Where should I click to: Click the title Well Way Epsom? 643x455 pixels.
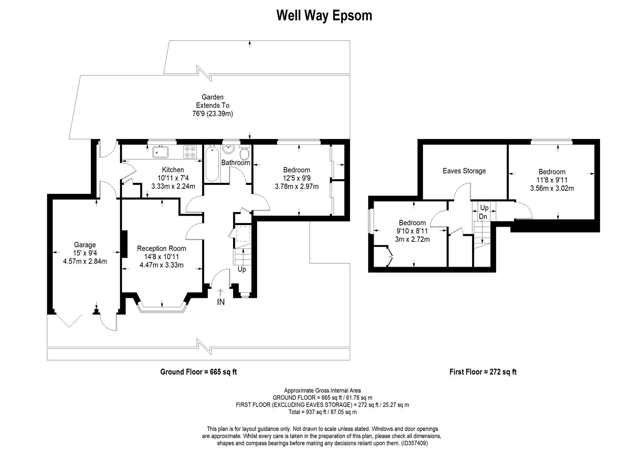point(324,16)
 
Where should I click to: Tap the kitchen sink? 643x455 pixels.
point(160,152)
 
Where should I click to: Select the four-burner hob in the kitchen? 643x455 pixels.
point(190,152)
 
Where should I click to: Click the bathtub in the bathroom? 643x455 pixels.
point(212,163)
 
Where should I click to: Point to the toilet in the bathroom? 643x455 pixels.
point(244,153)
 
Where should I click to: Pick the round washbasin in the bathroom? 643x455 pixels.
point(229,149)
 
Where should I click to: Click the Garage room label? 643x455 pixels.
point(85,245)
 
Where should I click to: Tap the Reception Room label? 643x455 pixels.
point(162,248)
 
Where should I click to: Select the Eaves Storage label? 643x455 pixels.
point(464,171)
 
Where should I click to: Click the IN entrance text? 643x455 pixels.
point(221,302)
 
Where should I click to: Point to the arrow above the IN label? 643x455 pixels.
point(221,292)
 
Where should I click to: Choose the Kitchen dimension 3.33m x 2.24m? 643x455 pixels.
point(173,186)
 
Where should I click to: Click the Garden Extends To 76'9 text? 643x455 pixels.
point(213,105)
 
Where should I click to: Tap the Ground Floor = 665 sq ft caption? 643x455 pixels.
point(199,372)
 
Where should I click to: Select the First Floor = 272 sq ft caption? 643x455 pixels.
point(483,372)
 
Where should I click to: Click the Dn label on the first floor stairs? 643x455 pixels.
point(483,217)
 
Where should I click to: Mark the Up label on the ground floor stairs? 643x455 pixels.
point(242,270)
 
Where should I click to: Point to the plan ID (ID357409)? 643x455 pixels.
point(414,443)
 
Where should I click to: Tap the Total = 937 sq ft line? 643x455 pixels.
point(323,412)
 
